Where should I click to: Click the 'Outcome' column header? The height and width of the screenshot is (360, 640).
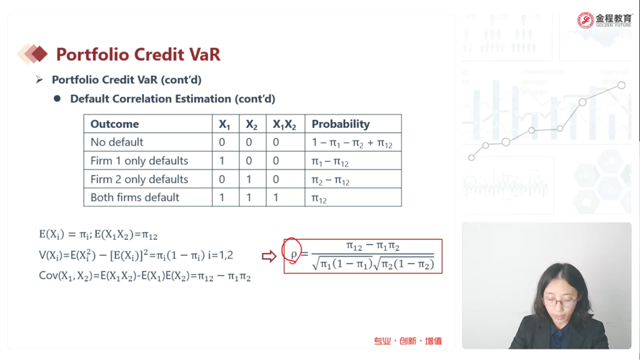115,124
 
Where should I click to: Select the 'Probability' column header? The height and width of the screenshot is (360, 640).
341,124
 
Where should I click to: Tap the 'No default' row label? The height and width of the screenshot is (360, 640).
117,142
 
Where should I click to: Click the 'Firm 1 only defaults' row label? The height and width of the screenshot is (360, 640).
139,161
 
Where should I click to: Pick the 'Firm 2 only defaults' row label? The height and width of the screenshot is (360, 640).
139,179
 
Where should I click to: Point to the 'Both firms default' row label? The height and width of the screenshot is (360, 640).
135,197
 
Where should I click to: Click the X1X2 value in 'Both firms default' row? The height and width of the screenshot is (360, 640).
276,197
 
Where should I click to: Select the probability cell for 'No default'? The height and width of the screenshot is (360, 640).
352,143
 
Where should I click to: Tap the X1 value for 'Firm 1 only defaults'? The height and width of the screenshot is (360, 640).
222,161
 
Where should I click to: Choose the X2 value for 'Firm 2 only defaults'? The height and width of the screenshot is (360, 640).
249,179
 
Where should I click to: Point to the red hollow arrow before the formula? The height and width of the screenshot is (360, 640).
269,256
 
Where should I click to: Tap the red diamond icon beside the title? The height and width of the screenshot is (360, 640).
39,54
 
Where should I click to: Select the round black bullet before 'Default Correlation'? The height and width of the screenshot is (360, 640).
57,98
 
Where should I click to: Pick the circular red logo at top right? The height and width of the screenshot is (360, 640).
585,20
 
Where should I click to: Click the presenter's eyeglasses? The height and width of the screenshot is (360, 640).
559,302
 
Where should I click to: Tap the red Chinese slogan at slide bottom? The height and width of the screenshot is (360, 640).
407,341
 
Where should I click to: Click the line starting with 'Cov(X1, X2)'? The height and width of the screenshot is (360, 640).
145,276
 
